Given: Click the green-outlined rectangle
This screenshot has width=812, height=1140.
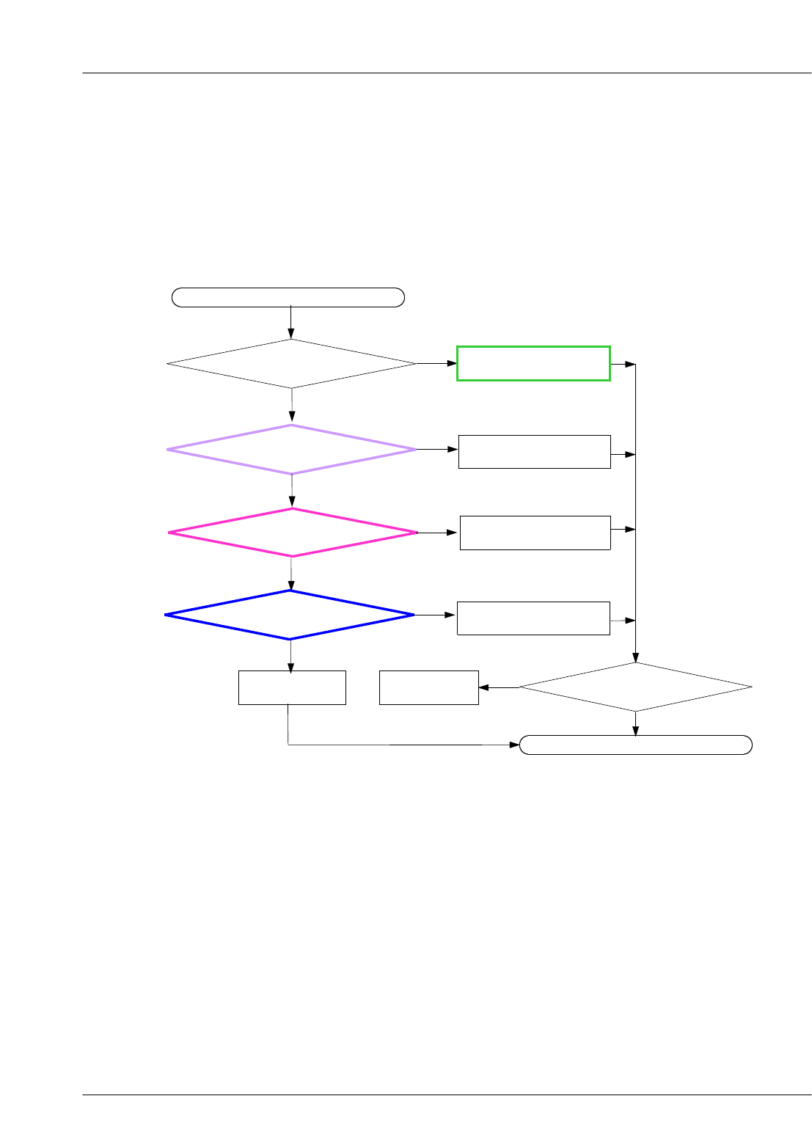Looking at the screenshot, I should (533, 363).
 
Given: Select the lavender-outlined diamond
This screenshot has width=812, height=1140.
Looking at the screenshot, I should (291, 449).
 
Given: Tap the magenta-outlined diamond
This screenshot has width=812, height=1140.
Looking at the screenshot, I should (292, 533).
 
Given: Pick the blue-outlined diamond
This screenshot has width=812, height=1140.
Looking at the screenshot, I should (290, 615).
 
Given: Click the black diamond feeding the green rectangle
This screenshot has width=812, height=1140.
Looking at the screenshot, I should (291, 364).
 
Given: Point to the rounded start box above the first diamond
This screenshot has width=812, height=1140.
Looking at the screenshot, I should (288, 297).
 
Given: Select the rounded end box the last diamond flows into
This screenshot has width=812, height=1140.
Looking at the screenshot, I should (635, 745).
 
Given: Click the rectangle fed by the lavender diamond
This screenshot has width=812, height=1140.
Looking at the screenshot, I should (534, 452).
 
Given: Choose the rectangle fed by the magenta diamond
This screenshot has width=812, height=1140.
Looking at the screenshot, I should (535, 533).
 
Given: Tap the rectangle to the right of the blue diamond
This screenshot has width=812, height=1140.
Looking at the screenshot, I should (533, 618).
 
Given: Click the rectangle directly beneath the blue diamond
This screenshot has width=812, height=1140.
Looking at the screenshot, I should (292, 687).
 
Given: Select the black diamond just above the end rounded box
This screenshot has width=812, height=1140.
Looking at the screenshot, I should (635, 687).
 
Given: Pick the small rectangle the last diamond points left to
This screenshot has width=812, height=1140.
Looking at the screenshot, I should (428, 687).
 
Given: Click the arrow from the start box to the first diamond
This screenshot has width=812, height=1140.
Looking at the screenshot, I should (291, 323).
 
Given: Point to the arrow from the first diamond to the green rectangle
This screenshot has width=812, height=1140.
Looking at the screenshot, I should (436, 363).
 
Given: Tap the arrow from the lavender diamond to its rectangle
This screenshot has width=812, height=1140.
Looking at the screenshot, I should (437, 449).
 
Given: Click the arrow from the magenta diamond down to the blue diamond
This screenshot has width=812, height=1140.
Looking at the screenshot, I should (291, 574).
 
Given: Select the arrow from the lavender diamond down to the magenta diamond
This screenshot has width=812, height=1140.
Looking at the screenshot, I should (292, 491).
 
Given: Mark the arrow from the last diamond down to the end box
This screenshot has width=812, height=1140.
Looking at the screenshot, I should (635, 723).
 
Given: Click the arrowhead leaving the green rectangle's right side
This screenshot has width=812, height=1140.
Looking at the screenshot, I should (629, 365).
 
